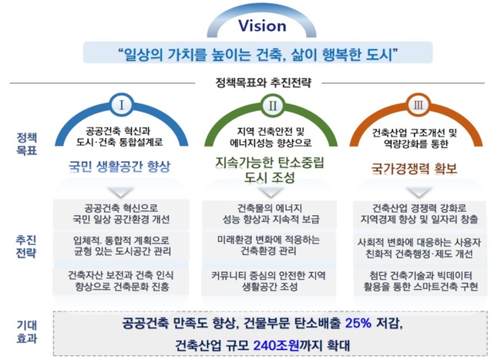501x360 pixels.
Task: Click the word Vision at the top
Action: (x=262, y=26)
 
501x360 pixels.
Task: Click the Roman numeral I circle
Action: (x=122, y=105)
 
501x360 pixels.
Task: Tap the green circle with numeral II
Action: (x=272, y=105)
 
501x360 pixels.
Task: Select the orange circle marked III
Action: (x=418, y=105)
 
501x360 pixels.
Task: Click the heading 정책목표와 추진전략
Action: (x=263, y=82)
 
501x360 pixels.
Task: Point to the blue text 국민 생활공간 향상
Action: (x=119, y=167)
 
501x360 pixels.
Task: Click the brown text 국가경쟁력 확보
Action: (x=414, y=169)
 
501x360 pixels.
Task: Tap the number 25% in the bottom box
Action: (x=358, y=323)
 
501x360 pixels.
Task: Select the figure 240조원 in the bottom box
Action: (x=277, y=345)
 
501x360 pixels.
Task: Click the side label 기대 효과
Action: (x=27, y=332)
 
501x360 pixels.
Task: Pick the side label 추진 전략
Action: (x=26, y=247)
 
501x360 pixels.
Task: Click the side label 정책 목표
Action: (x=27, y=144)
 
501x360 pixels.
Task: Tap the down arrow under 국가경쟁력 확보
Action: (x=419, y=192)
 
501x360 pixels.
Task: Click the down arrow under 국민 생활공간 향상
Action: (x=121, y=192)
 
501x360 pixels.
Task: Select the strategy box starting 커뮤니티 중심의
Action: (x=269, y=281)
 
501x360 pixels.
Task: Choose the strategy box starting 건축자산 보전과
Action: (x=121, y=281)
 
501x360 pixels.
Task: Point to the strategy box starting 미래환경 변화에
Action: (x=269, y=246)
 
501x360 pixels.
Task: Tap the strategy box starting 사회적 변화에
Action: (x=419, y=247)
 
